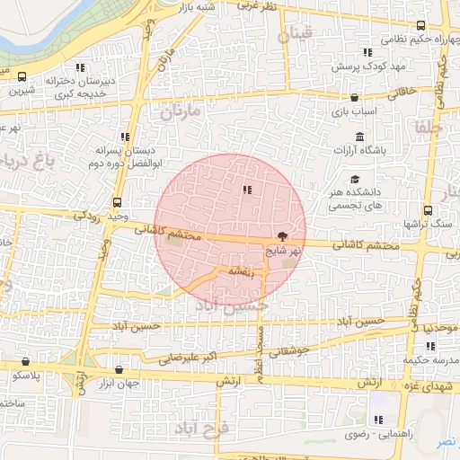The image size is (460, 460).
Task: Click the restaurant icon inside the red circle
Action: (247, 190)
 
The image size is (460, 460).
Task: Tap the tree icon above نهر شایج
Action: (283, 236)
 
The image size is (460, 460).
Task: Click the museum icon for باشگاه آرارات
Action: (360, 137)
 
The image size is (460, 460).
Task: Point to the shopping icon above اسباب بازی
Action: (355, 97)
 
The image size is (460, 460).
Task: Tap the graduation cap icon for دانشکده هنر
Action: (355, 179)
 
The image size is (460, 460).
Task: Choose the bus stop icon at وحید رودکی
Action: (118, 202)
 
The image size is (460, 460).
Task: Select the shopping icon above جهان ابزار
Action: (119, 369)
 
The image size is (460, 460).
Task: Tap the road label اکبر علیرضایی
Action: (189, 358)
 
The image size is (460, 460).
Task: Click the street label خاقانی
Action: (402, 90)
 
